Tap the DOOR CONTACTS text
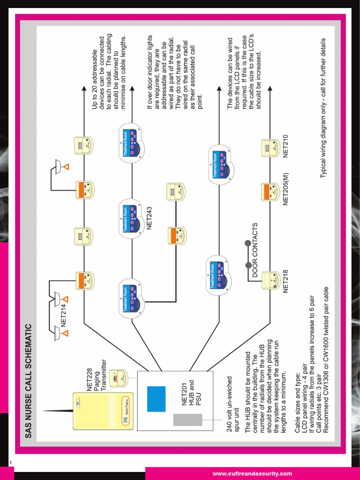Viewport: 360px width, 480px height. coord(255,251)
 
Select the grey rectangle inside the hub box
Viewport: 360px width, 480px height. coord(181,420)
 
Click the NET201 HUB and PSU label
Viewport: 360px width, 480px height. coord(191,394)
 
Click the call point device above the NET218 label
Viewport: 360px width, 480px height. coord(270,281)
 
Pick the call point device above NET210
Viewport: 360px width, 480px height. coord(270,148)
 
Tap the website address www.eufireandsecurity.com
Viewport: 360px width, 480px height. coord(252,473)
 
